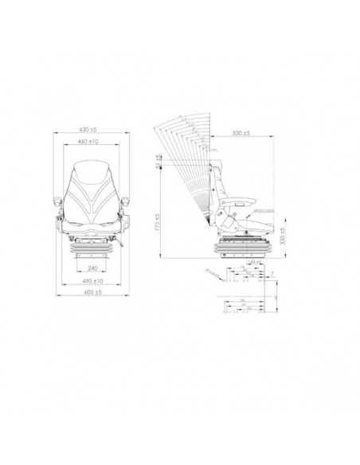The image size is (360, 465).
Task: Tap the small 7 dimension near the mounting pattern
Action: pos(272,272)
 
